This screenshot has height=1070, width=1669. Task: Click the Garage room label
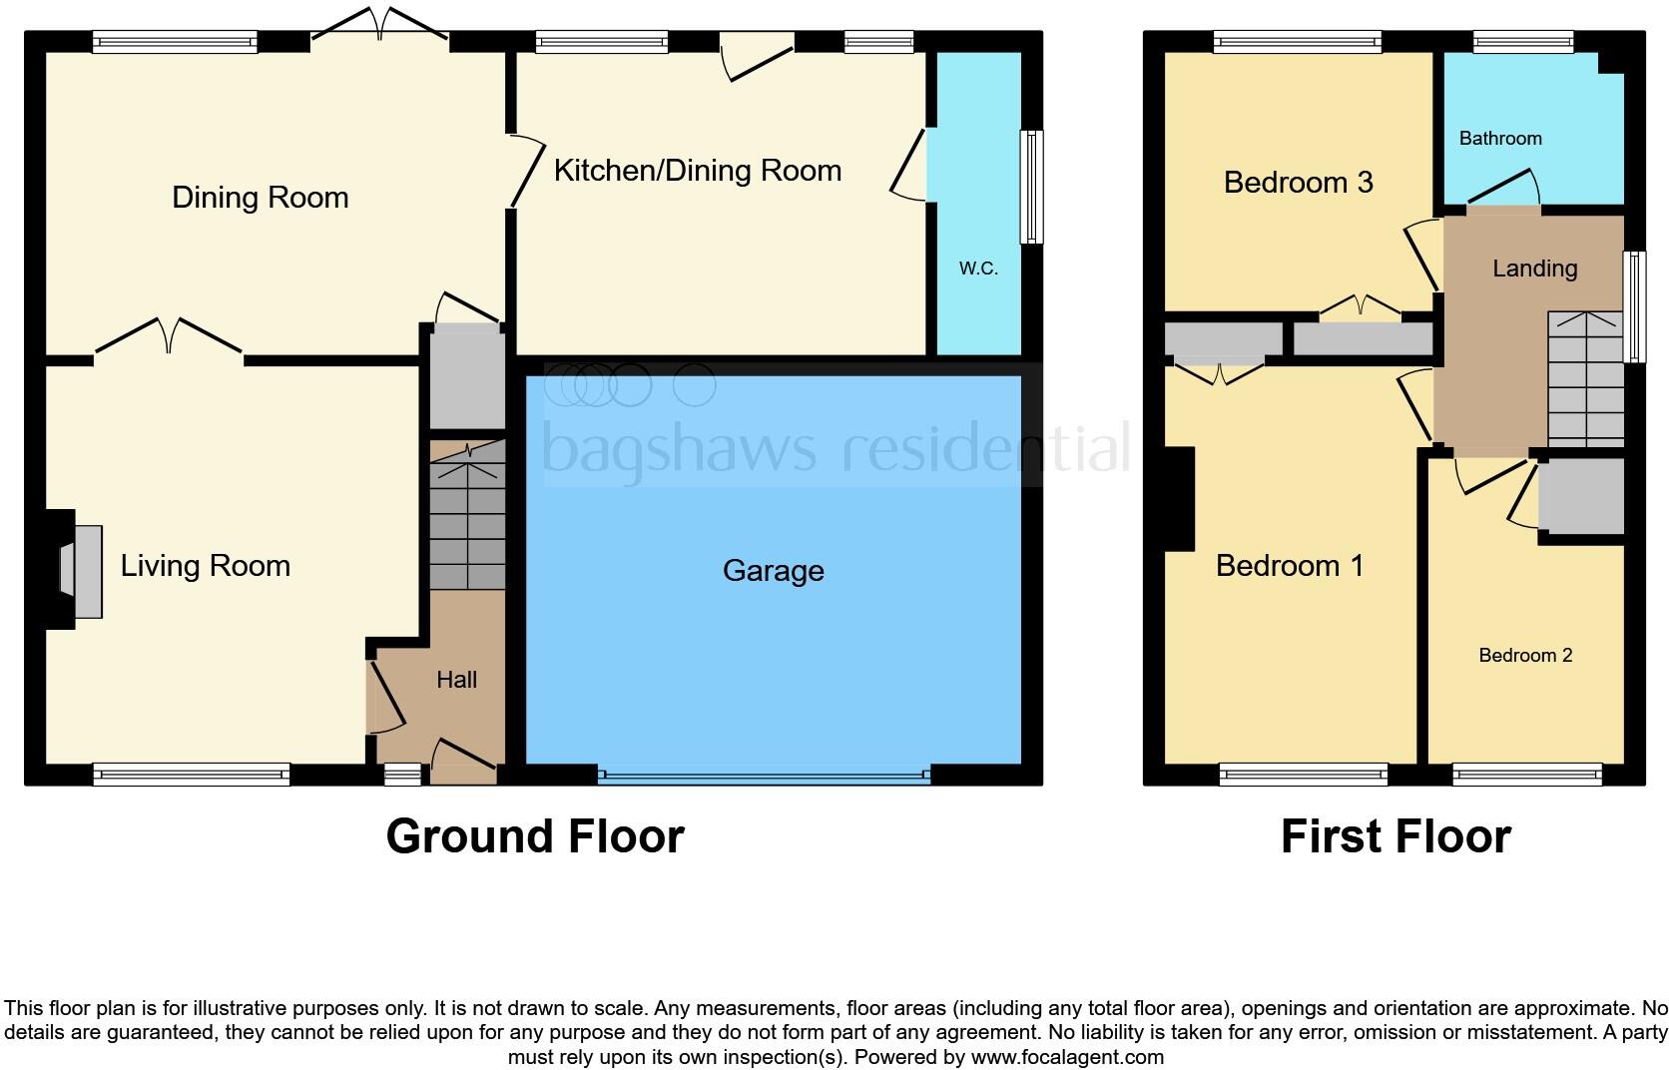773,570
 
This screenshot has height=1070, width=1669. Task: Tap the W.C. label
977,267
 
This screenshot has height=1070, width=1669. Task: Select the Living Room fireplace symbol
82,570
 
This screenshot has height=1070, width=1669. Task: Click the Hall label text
456,680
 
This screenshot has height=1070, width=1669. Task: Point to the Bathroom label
1499,139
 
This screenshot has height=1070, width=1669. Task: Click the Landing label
1534,268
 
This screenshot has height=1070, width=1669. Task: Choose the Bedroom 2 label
1524,655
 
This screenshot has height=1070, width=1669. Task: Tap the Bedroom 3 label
1298,183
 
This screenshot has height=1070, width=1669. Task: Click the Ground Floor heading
535,835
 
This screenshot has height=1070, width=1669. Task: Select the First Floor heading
1394,835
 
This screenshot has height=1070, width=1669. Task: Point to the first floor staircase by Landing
1584,379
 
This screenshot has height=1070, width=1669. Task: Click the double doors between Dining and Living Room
169,337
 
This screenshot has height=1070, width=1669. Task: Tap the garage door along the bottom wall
764,775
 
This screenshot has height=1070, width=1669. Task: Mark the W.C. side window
1030,187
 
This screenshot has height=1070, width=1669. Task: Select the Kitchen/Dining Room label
697,171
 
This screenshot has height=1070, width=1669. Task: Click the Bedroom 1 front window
1303,774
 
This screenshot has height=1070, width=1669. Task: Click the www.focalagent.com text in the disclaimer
1066,1056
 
